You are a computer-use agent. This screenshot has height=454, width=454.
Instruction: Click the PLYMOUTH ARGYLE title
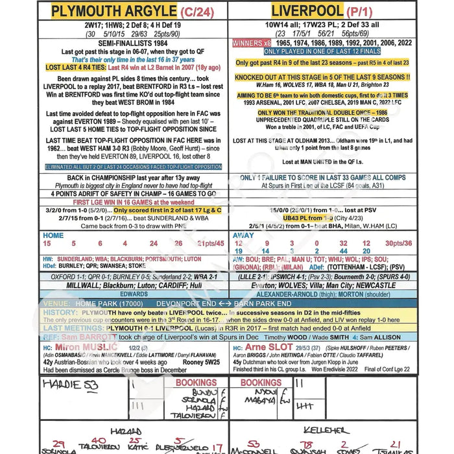point(113,10)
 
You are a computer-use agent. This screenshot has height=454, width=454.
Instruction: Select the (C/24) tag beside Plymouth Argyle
point(197,11)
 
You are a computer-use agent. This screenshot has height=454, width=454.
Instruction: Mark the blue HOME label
point(53,235)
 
